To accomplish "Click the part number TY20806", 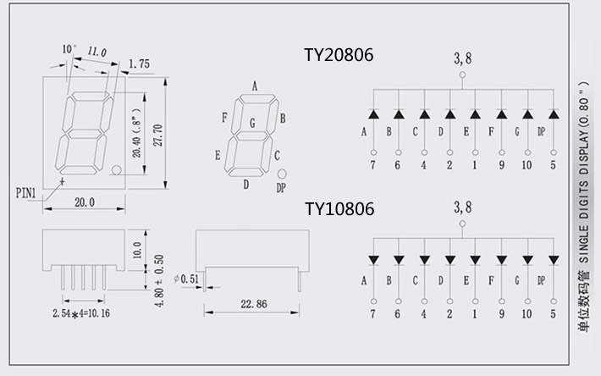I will point(339,55).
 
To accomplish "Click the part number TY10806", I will point(339,208).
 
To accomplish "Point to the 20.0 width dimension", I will point(84,202).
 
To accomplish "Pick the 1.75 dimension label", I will point(140,64).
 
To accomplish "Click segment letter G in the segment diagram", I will point(251,124).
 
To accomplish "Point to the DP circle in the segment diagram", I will point(281,174).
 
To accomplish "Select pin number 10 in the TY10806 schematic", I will point(527,314).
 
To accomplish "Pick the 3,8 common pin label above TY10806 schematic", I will point(463,207).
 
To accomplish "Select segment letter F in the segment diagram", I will point(223,117).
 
